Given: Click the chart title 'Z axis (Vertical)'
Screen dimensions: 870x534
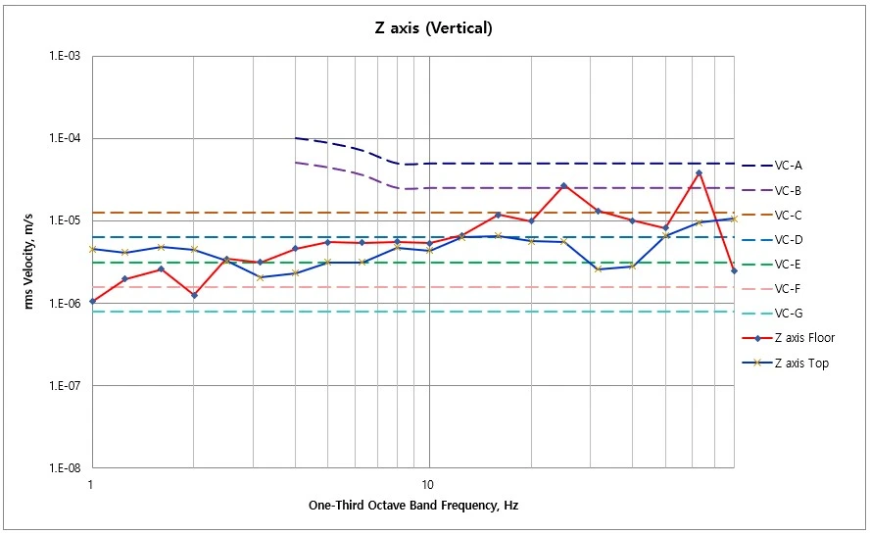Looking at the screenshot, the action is coord(433,27).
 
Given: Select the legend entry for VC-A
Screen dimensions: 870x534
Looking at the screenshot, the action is coord(772,166).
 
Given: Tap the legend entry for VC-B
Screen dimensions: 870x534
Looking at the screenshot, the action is coord(772,190).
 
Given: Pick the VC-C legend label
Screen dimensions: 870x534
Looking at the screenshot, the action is coord(772,215).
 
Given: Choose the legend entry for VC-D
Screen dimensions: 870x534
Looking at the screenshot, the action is coord(772,240).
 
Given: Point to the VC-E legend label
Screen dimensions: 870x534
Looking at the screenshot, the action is coord(772,265).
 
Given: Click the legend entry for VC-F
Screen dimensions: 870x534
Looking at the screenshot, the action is coord(772,289).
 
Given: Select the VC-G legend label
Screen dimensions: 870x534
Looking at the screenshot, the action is coord(772,314).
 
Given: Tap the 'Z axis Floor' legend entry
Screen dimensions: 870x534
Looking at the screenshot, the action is coord(789,337).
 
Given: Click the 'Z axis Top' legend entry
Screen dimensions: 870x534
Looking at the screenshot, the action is coord(786,364).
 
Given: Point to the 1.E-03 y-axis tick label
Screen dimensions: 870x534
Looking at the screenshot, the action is coord(65,56).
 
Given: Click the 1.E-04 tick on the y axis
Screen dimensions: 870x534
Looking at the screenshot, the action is coord(65,138).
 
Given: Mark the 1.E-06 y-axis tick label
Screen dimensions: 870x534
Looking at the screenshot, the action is coord(65,303).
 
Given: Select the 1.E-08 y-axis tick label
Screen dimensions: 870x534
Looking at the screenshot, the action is coord(65,467).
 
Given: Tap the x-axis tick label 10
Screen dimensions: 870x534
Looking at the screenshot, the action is coord(427,485).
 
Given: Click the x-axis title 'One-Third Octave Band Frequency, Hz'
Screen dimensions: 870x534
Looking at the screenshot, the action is coord(413,506).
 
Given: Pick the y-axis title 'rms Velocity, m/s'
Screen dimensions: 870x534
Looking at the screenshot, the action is coord(28,262).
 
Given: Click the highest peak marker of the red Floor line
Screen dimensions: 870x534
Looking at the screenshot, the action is coord(700,173).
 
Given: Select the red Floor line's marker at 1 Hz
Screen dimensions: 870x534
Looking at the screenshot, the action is coord(93,301).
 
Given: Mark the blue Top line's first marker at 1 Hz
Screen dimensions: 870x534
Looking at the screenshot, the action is coord(93,249).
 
